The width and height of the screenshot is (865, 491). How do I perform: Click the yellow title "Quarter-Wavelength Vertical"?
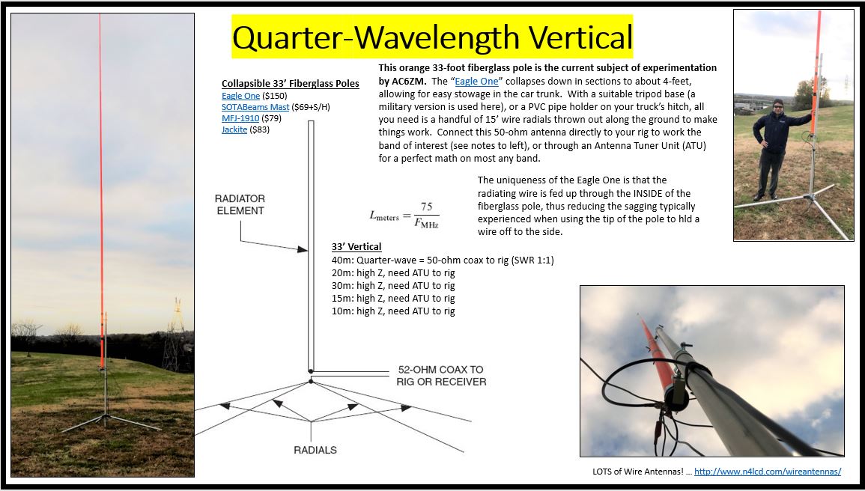tap(433, 37)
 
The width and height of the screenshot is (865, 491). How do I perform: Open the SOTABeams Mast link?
tap(255, 107)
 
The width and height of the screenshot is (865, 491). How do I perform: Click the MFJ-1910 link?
tap(240, 118)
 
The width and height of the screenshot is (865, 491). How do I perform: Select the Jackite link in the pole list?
tap(234, 129)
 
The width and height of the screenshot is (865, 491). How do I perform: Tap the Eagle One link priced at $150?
tap(240, 96)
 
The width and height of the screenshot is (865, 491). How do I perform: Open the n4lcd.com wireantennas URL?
tap(768, 471)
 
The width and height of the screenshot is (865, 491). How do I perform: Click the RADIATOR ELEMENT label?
tap(240, 204)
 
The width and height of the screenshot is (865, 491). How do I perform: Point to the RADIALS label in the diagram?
tap(315, 451)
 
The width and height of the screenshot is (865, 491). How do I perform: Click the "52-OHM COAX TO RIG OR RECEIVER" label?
tap(441, 376)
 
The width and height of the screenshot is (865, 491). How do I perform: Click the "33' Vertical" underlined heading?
tap(356, 247)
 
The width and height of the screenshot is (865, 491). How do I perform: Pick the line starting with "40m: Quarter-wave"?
tap(443, 260)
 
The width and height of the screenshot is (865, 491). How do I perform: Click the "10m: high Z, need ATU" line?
tap(392, 311)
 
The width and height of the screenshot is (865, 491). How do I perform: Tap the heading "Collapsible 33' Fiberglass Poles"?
tap(290, 84)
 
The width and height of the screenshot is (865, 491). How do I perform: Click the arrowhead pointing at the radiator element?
tap(303, 250)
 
